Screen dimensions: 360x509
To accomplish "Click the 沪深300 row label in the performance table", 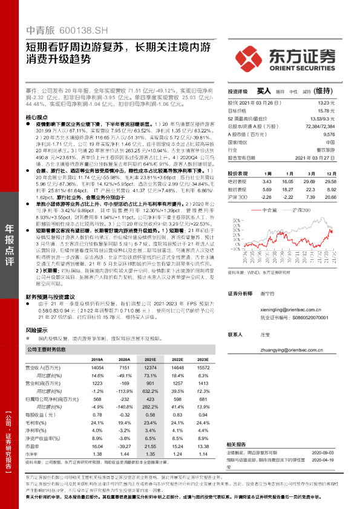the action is click(238, 197).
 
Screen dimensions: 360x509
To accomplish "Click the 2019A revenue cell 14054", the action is click(97, 368).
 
